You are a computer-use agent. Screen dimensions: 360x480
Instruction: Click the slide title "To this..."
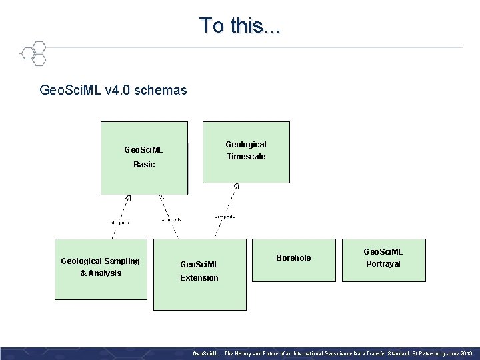[240, 25]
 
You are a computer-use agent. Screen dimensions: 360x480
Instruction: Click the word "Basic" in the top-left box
[144, 165]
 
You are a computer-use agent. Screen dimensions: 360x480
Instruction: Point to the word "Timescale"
[246, 157]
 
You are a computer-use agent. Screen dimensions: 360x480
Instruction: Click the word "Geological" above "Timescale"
[246, 145]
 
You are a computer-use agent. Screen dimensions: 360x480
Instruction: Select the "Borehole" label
[293, 258]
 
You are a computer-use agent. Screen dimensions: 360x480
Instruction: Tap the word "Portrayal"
[383, 264]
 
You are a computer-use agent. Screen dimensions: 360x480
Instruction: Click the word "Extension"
[199, 278]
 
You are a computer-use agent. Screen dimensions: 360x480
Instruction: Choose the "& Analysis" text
[101, 273]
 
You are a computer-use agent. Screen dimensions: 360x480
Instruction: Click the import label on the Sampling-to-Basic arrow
[119, 222]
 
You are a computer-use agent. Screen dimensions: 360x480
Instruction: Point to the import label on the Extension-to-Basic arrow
[171, 219]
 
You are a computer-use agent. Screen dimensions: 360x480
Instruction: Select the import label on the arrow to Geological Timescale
[225, 217]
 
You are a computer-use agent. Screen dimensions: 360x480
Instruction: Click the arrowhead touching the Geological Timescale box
[236, 187]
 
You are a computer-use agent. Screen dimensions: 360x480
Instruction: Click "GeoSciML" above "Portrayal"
[383, 252]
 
